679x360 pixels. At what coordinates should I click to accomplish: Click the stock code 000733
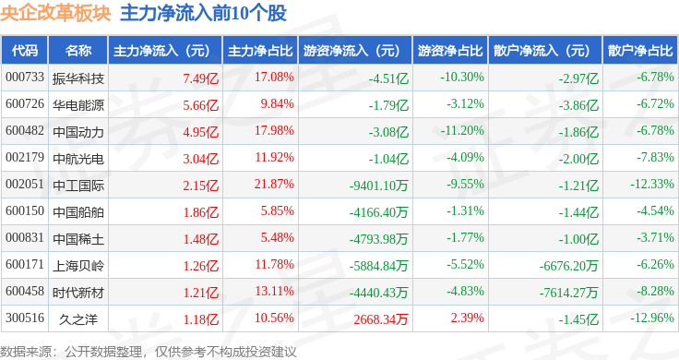(25, 78)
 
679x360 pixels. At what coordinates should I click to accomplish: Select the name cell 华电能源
(77, 105)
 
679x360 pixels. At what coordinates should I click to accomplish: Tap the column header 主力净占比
(260, 51)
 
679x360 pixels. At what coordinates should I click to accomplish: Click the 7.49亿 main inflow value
(200, 78)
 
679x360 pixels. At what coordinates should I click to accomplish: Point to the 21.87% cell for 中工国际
(274, 184)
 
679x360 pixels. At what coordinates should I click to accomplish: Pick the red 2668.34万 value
(381, 319)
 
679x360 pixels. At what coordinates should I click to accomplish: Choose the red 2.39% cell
(467, 318)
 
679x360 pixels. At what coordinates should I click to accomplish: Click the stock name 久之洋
(77, 319)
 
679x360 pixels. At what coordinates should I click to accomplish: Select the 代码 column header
(25, 51)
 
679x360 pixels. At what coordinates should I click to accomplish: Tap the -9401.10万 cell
(378, 186)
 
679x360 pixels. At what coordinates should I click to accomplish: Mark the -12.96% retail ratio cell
(651, 318)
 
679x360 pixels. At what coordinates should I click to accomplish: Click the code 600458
(25, 291)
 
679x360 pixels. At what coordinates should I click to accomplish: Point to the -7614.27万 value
(568, 293)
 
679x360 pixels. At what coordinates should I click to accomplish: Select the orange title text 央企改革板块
(55, 13)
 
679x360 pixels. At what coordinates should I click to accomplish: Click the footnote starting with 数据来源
(149, 352)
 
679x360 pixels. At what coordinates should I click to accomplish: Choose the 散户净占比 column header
(640, 51)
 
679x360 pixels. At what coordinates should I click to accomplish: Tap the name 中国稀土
(77, 239)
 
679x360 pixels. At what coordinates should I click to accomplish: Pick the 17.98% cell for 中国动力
(274, 130)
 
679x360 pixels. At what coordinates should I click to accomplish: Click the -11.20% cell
(462, 130)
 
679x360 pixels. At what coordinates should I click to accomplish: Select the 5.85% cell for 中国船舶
(277, 211)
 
